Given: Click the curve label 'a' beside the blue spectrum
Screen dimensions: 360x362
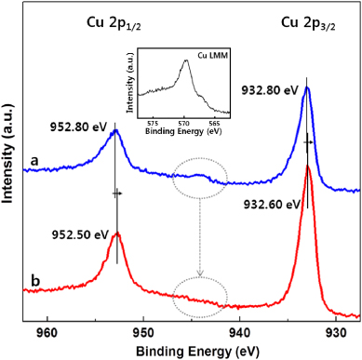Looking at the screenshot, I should pyautogui.click(x=32, y=159).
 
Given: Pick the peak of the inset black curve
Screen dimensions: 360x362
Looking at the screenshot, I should pyautogui.click(x=188, y=62).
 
